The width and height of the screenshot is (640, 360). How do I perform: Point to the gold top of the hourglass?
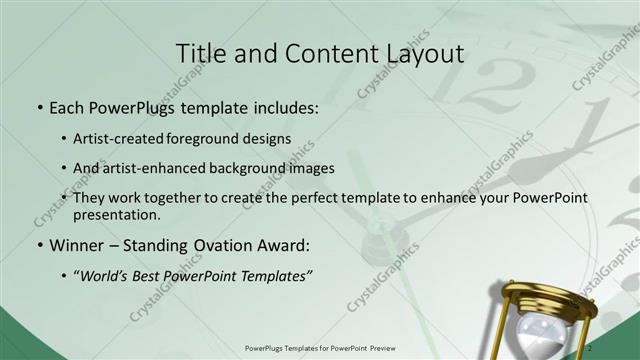click(x=541, y=293)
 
